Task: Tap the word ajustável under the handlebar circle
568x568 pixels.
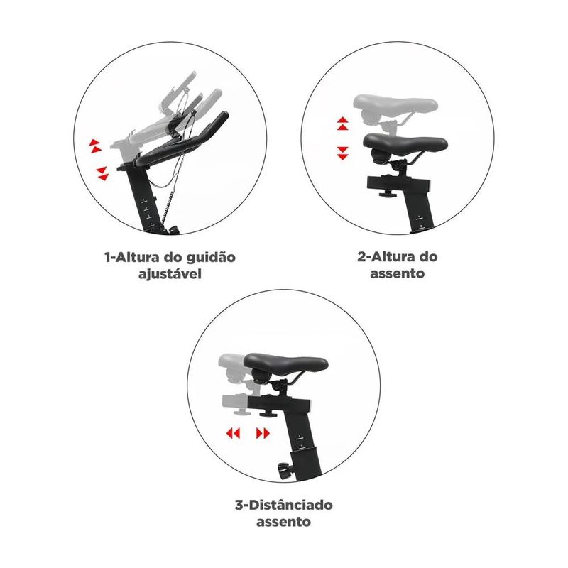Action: [170, 274]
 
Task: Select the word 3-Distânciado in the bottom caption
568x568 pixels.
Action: [283, 505]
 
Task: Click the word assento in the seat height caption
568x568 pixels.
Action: [397, 273]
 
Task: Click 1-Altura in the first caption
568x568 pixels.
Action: [132, 257]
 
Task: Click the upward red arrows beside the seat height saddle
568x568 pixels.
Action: [343, 124]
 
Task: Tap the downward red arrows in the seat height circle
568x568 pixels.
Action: [342, 153]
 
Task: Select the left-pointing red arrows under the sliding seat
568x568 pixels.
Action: [233, 433]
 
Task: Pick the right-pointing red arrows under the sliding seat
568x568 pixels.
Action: [263, 433]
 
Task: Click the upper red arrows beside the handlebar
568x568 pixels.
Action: [95, 146]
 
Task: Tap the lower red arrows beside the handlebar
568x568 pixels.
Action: [102, 173]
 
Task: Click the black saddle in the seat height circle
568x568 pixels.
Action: [405, 144]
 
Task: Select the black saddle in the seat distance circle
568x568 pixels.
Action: [285, 364]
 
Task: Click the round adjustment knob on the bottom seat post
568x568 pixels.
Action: [285, 471]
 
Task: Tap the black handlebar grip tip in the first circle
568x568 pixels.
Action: [223, 118]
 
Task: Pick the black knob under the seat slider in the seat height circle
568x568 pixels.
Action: [388, 195]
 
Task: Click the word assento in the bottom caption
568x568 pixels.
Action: [283, 522]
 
